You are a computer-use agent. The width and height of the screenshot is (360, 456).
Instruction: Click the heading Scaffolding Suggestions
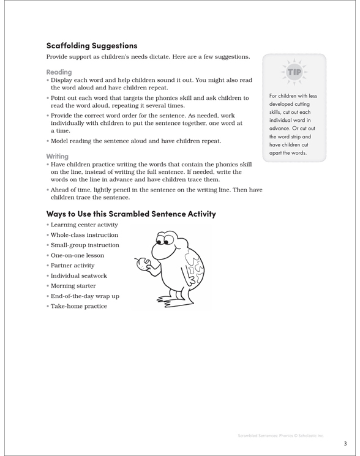tap(92, 45)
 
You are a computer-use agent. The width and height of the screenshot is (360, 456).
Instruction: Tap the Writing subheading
tap(58, 156)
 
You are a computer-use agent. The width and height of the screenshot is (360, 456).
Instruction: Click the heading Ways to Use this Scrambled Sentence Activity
tap(131, 214)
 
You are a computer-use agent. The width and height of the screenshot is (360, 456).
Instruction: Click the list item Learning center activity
tap(84, 225)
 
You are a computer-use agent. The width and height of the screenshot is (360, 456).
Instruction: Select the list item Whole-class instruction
tap(84, 235)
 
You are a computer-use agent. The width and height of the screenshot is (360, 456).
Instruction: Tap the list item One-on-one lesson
tap(77, 255)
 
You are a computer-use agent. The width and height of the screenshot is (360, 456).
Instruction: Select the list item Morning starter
tap(73, 286)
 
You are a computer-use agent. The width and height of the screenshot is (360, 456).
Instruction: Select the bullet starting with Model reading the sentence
tap(135, 141)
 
